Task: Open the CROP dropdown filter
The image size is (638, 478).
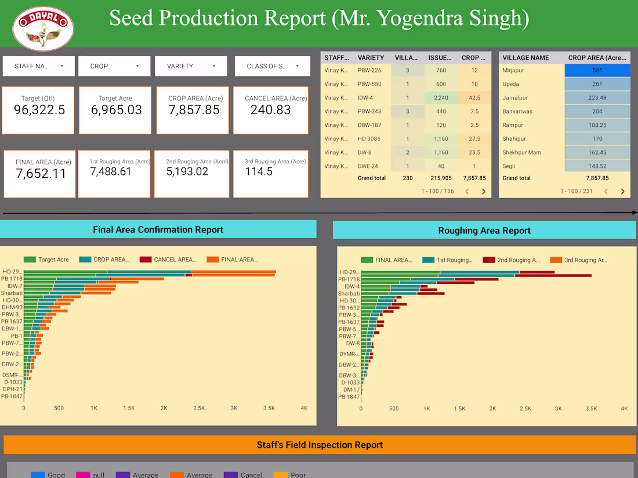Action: tap(114, 66)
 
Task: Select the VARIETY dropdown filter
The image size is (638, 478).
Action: tap(190, 66)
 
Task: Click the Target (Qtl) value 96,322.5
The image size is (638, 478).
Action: tap(39, 110)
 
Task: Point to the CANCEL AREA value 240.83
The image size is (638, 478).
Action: tap(270, 110)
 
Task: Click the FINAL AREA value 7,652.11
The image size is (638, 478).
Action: tap(41, 173)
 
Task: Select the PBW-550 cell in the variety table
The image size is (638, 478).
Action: tap(369, 84)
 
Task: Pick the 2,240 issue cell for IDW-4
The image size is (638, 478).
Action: tap(441, 98)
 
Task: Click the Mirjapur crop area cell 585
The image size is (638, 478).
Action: tap(597, 70)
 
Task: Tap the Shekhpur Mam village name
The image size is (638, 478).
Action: tap(521, 152)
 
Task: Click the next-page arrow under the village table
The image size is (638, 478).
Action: tap(622, 191)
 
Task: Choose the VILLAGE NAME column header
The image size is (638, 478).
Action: tap(525, 57)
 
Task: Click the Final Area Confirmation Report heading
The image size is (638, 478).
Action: tap(158, 229)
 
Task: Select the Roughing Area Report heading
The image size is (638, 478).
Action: tap(484, 231)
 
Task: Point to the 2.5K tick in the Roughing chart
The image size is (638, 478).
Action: tap(525, 408)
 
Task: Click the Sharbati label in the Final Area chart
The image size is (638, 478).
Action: tap(12, 293)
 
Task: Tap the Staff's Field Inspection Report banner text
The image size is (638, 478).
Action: tap(320, 445)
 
